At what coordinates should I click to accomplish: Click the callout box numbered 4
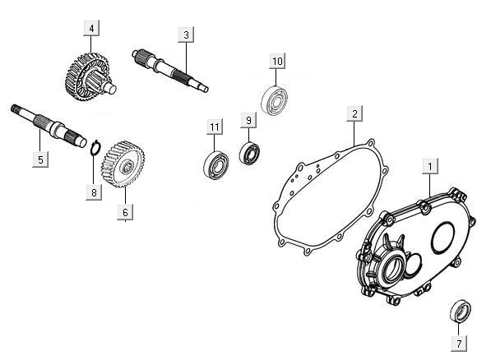(x=91, y=28)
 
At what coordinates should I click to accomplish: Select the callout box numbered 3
(x=186, y=35)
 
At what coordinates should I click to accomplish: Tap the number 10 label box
(x=277, y=61)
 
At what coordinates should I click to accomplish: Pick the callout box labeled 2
(x=354, y=113)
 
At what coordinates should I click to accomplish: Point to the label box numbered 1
(x=430, y=166)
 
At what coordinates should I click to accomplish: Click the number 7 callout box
(x=459, y=344)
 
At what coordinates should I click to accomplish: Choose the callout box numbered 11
(x=215, y=127)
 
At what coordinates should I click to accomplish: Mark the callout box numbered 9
(x=248, y=120)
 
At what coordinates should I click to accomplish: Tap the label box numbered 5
(x=40, y=159)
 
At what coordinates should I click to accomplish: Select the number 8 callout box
(x=94, y=192)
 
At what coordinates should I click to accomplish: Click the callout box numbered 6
(x=125, y=212)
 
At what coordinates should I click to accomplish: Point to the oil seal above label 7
(x=461, y=311)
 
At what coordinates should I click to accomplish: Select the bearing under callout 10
(x=275, y=100)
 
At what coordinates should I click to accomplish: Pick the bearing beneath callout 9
(x=249, y=153)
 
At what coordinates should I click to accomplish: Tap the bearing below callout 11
(x=215, y=165)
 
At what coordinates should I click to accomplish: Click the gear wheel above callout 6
(x=123, y=164)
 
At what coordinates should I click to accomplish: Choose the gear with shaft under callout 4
(x=90, y=77)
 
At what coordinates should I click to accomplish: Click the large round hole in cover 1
(x=442, y=238)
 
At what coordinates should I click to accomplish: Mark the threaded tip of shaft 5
(x=16, y=109)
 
